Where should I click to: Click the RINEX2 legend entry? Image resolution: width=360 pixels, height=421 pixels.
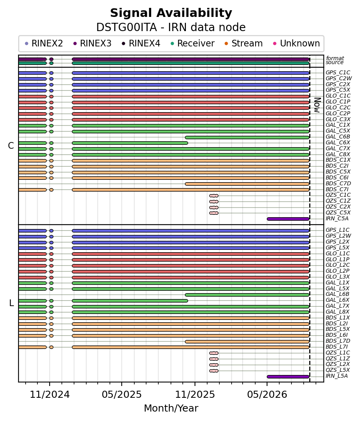click(x=44, y=44)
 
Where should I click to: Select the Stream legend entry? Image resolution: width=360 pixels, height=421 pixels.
click(x=243, y=44)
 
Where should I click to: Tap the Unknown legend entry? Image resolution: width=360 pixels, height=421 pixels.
click(x=297, y=44)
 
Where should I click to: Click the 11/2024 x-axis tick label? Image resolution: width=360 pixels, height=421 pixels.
click(x=50, y=394)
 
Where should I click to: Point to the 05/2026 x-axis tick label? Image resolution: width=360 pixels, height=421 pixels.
click(x=267, y=394)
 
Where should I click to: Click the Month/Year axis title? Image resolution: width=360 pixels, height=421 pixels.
click(x=171, y=408)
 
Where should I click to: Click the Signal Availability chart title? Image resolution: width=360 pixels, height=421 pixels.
click(x=171, y=13)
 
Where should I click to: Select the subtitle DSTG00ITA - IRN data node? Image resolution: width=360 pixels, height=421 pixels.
click(x=171, y=28)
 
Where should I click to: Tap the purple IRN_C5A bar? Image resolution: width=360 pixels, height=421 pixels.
click(x=288, y=219)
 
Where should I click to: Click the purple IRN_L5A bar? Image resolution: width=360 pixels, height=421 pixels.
click(x=288, y=377)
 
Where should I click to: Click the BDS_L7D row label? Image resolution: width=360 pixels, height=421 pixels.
click(x=338, y=341)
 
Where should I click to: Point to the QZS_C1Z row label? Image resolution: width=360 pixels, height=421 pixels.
click(x=338, y=201)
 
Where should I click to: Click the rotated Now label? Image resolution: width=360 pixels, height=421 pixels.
click(x=317, y=105)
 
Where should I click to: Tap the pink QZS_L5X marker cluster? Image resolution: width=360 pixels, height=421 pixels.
click(x=214, y=371)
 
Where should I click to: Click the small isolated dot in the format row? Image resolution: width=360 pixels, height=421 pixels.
click(x=51, y=59)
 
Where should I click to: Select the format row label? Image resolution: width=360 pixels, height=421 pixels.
click(x=335, y=58)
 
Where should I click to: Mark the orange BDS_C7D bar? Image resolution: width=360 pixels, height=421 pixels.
click(x=247, y=184)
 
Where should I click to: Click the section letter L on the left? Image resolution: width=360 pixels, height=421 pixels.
click(x=11, y=303)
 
